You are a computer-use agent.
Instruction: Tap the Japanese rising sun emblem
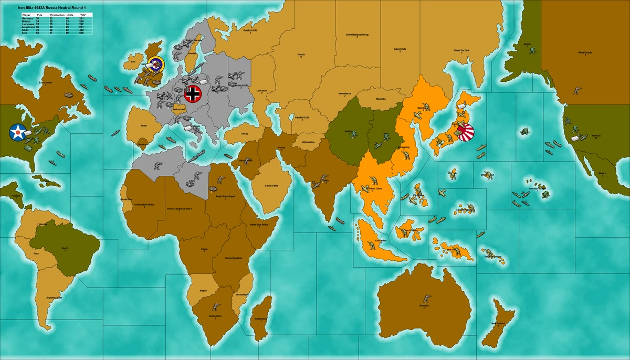[465, 131]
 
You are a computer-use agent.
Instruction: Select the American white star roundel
[18, 132]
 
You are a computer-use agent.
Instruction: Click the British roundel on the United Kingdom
[156, 65]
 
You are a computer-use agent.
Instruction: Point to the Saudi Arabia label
[271, 185]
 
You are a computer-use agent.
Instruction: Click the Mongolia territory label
[381, 99]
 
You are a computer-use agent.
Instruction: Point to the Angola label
[203, 290]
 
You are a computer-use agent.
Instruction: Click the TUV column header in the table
[82, 15]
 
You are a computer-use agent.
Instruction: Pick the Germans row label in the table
[27, 18]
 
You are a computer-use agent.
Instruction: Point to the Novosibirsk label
[344, 92]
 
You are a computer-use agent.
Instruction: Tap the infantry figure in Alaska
[532, 51]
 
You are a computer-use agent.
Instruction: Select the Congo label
[204, 250]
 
